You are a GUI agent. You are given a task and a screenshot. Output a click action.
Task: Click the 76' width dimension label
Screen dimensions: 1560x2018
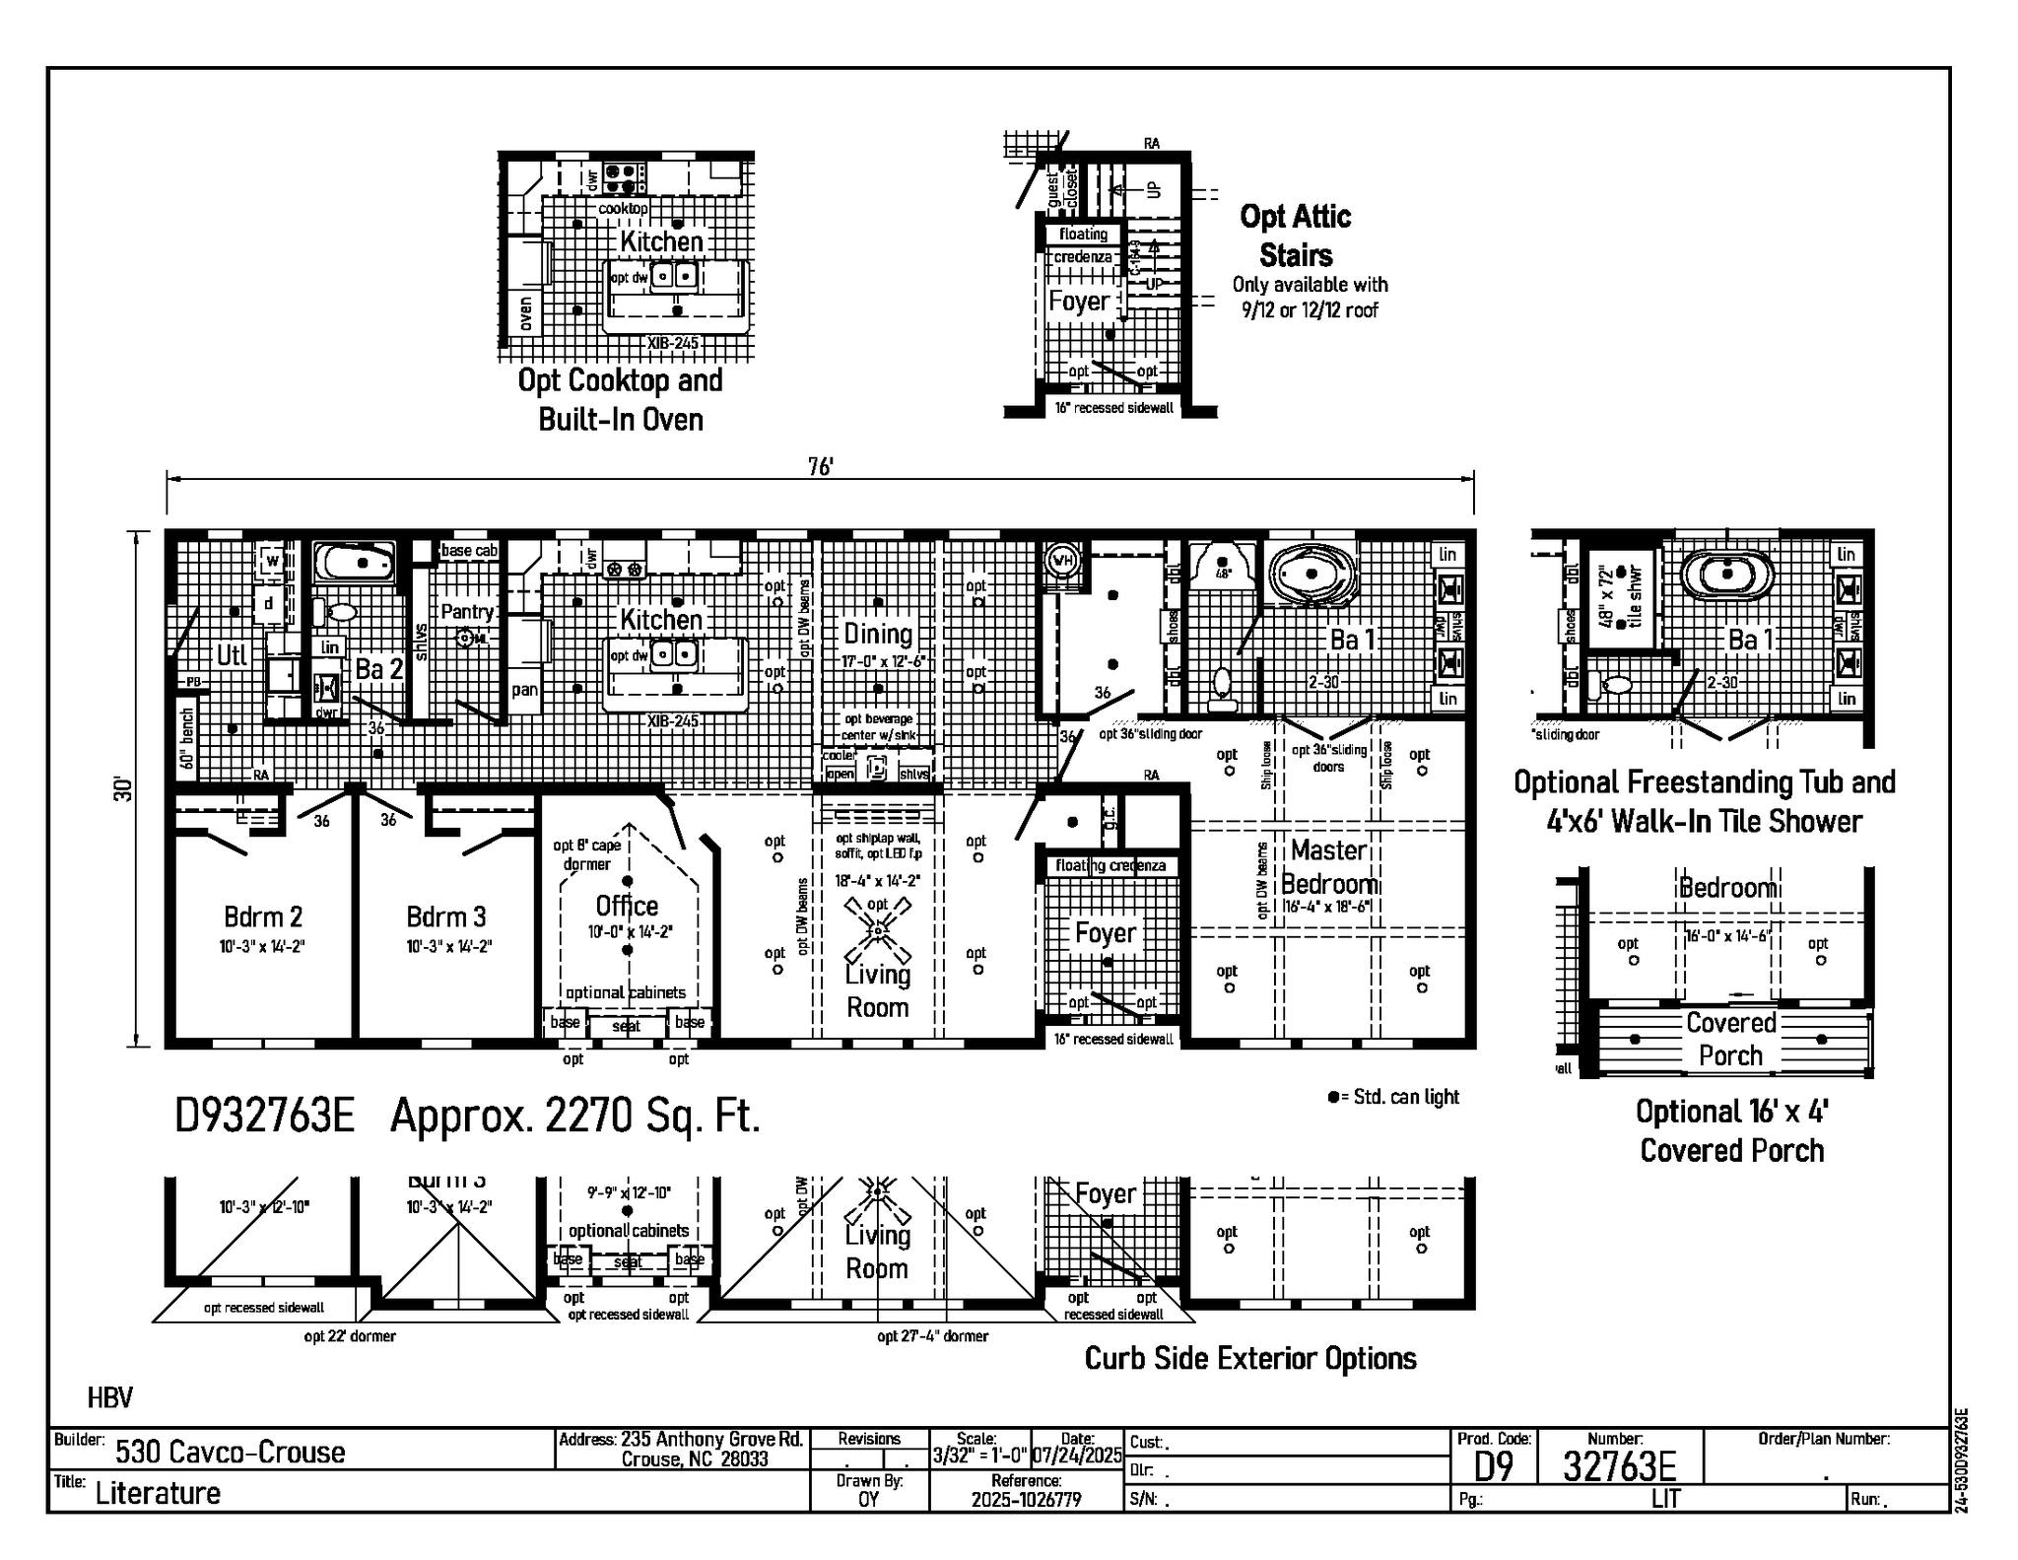[x=820, y=467]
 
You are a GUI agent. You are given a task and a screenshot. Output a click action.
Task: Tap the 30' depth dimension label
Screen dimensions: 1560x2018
[x=123, y=788]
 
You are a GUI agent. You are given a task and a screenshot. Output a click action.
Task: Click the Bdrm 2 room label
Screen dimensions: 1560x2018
[x=263, y=917]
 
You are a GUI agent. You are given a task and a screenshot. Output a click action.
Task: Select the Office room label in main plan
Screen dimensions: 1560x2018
[x=627, y=906]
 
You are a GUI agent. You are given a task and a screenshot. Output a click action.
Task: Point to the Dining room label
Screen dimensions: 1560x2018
[x=877, y=634]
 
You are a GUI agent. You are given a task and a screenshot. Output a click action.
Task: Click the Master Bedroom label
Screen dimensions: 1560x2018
[x=1328, y=867]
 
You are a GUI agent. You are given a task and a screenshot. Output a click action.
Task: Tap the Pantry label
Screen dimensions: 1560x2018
[x=467, y=612]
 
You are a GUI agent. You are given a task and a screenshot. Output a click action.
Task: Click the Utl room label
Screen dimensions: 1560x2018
[x=232, y=655]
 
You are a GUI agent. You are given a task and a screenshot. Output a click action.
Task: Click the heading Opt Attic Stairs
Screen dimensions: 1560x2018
[x=1296, y=236]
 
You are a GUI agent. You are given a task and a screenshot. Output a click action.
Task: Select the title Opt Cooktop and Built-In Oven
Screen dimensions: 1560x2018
[x=621, y=399]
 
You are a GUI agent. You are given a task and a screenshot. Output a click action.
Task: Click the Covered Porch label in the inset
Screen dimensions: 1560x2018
[x=1730, y=1039]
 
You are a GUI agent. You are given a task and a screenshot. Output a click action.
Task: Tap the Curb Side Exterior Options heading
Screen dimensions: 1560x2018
[x=1249, y=1359]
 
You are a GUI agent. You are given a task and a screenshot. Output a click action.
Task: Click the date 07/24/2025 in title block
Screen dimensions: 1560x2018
[x=1077, y=1456]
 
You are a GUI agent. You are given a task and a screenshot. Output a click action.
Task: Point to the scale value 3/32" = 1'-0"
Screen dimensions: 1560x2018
[x=979, y=1456]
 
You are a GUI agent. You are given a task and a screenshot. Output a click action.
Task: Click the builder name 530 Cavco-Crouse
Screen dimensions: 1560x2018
[x=231, y=1453]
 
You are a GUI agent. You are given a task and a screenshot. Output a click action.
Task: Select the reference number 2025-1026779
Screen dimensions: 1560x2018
[x=1026, y=1500]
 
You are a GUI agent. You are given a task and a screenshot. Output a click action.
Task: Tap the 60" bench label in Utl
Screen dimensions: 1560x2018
[x=187, y=739]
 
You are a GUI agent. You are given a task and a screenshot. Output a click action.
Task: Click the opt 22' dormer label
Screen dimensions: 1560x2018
[x=350, y=1337]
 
